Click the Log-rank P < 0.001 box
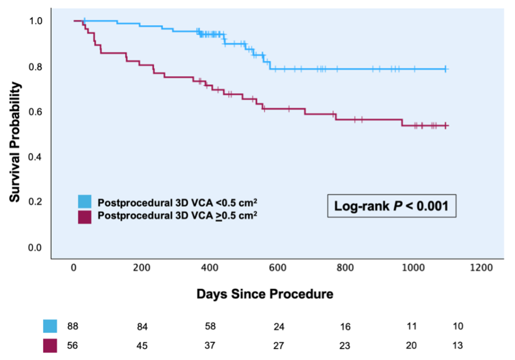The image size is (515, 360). coord(392,205)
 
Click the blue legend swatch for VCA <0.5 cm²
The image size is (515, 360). coord(85,202)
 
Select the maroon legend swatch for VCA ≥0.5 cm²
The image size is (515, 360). coord(85,217)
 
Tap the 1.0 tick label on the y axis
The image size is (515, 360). coord(37,22)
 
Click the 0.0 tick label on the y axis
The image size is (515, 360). coord(37,248)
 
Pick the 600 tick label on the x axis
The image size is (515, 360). coord(278,268)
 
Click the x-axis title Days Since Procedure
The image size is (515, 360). coord(265,294)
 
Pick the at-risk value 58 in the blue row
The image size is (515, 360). coord(210,326)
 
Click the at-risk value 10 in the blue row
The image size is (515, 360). coord(458,326)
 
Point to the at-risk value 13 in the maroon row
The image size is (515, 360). coord(458,346)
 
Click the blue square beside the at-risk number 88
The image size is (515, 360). coord(50,326)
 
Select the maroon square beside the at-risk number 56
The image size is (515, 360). coord(50,345)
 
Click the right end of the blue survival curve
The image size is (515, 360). coord(447,69)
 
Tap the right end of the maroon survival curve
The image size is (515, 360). coord(447,125)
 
